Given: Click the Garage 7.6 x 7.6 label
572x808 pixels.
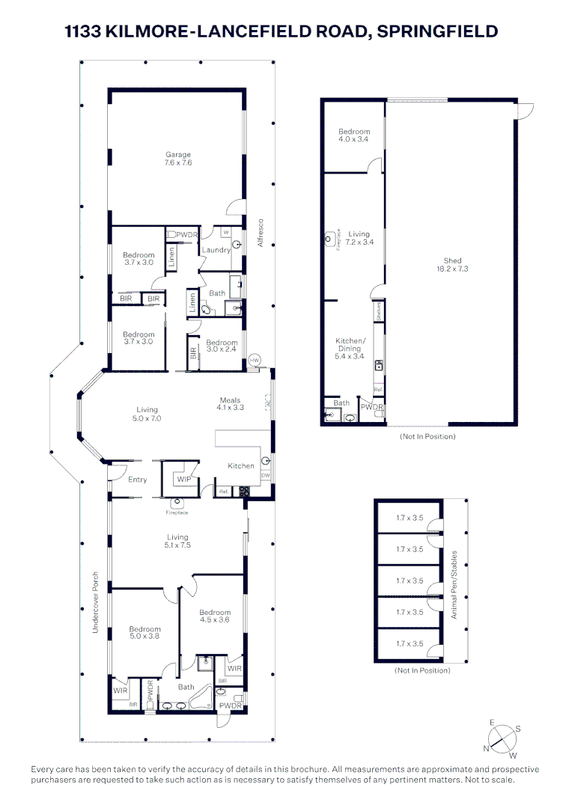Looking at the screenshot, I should (x=178, y=159).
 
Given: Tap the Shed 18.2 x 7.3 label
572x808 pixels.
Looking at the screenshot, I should (x=452, y=265).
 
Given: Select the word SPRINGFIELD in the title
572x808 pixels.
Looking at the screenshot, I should (x=437, y=31).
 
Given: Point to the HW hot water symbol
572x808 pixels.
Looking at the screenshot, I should (x=255, y=361).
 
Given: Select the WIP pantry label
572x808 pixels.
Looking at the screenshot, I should (x=183, y=479).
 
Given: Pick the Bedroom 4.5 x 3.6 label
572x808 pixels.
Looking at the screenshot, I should (x=214, y=616).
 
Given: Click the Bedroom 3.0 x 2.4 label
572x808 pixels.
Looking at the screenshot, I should (x=222, y=346).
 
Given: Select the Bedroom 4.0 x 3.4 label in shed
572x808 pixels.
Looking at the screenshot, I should (x=354, y=135).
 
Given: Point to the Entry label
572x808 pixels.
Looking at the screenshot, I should (x=137, y=480).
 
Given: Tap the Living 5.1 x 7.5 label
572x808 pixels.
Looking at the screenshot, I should (x=177, y=541).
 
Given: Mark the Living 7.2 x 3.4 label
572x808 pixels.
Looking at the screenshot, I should (x=359, y=238).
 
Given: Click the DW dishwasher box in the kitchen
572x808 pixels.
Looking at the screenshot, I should (x=265, y=476).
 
